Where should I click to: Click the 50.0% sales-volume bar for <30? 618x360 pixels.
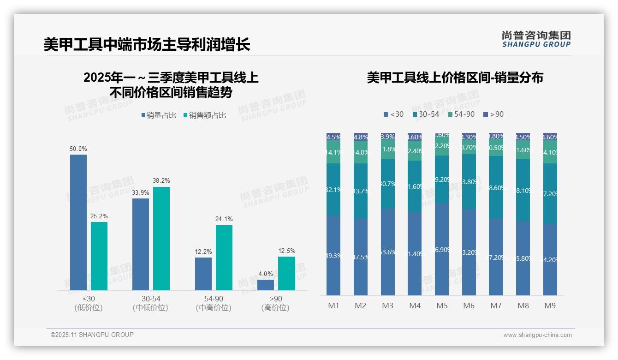[78, 222]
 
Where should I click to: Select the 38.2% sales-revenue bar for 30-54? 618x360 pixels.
[161, 238]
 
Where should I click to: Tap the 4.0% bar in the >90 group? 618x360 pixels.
[266, 285]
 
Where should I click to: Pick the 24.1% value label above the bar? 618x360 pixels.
[224, 219]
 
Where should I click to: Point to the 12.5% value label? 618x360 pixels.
[286, 251]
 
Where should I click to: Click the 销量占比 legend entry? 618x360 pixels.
[159, 115]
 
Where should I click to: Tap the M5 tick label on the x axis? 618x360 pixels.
[442, 306]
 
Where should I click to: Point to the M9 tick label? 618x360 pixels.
[550, 306]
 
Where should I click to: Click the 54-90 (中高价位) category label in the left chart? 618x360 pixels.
[213, 303]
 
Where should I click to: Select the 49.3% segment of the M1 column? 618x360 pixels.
[333, 255]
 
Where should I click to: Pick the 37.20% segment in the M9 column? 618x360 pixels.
[550, 194]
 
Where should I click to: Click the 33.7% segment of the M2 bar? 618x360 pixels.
[361, 191]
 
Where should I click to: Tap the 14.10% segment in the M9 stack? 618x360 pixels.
[550, 152]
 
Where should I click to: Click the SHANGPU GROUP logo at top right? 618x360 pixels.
[536, 39]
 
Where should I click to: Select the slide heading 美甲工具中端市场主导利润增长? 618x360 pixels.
[147, 45]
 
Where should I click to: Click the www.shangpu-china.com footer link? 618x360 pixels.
[537, 335]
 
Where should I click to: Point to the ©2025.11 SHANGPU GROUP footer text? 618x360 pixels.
[92, 335]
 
